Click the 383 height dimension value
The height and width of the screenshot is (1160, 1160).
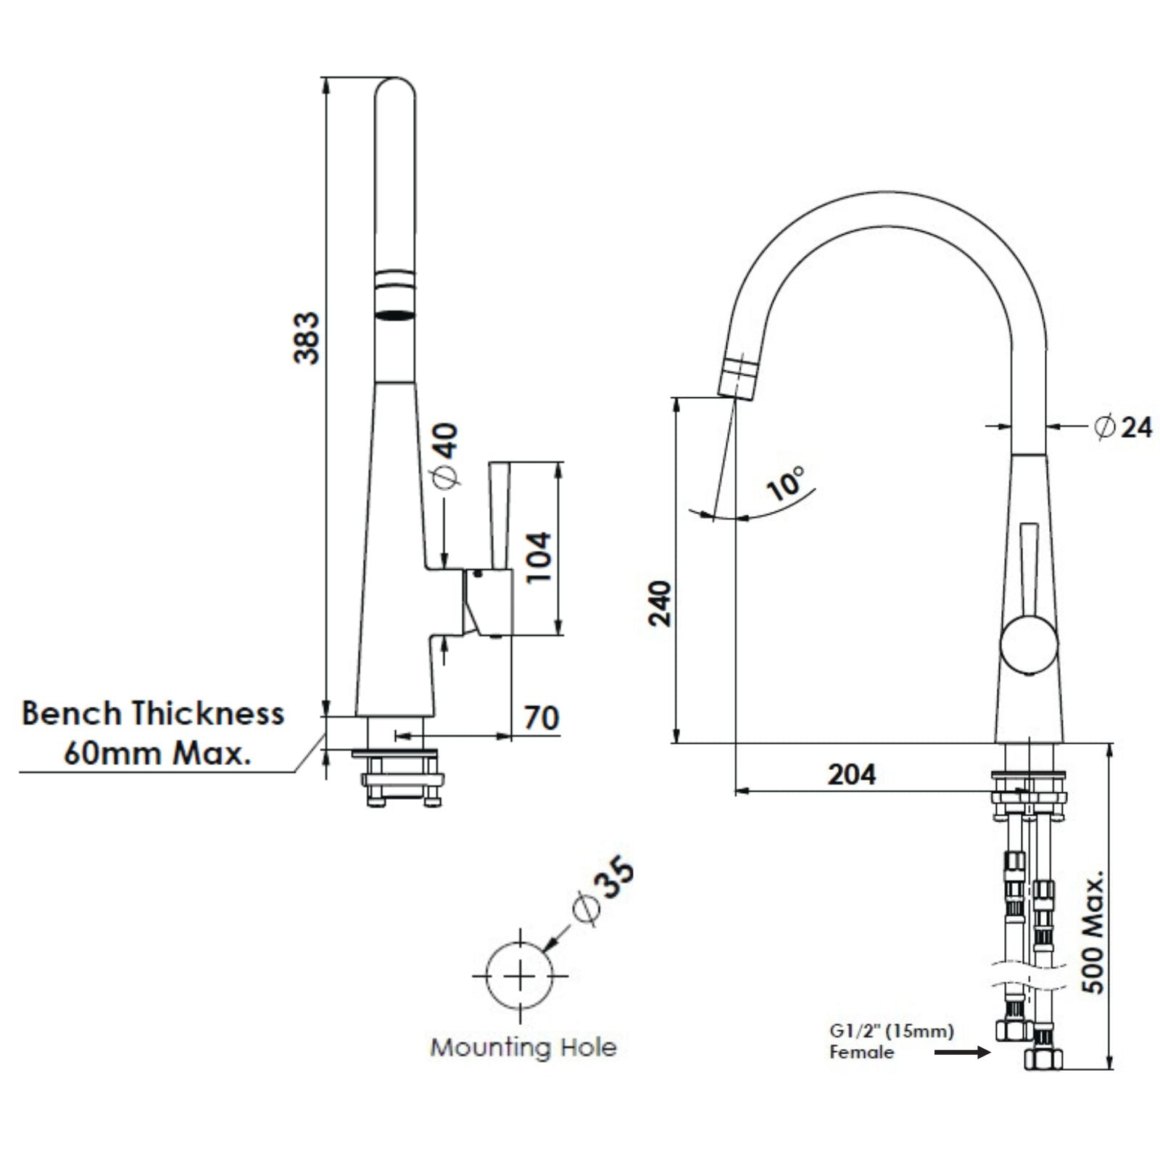click(x=306, y=338)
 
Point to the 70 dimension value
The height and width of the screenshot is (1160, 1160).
click(x=541, y=718)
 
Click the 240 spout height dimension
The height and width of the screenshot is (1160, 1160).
click(x=660, y=603)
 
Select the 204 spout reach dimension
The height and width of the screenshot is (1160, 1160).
click(x=851, y=774)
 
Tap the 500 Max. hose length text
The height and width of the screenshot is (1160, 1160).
click(x=1093, y=932)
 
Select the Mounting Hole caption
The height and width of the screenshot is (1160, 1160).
click(x=523, y=1048)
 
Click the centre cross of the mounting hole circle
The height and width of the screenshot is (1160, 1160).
click(x=520, y=977)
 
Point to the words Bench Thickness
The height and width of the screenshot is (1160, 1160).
click(x=152, y=713)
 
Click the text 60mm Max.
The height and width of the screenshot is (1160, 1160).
click(x=157, y=753)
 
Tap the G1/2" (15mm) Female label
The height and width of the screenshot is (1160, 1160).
click(x=890, y=1040)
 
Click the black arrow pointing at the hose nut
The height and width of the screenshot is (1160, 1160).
click(x=961, y=1052)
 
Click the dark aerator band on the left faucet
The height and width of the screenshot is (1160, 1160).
click(x=395, y=315)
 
